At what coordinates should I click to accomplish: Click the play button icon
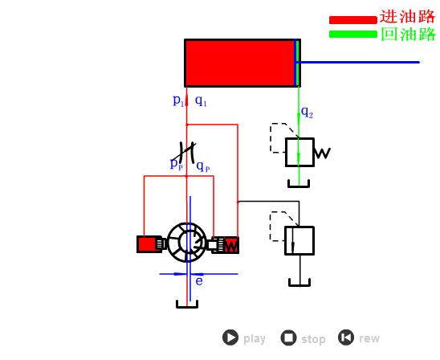click(x=230, y=337)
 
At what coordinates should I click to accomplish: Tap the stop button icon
click(x=288, y=337)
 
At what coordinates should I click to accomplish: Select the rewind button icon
click(x=346, y=337)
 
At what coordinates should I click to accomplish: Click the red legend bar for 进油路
click(x=353, y=20)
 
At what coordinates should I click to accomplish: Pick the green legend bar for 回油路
click(x=353, y=34)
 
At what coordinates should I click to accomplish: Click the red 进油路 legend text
click(x=407, y=17)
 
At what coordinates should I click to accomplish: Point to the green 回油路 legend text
click(x=409, y=35)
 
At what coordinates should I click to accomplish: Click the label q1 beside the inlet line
click(x=201, y=100)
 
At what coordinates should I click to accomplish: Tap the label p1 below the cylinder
click(x=178, y=100)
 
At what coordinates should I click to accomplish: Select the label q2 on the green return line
click(x=307, y=112)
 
